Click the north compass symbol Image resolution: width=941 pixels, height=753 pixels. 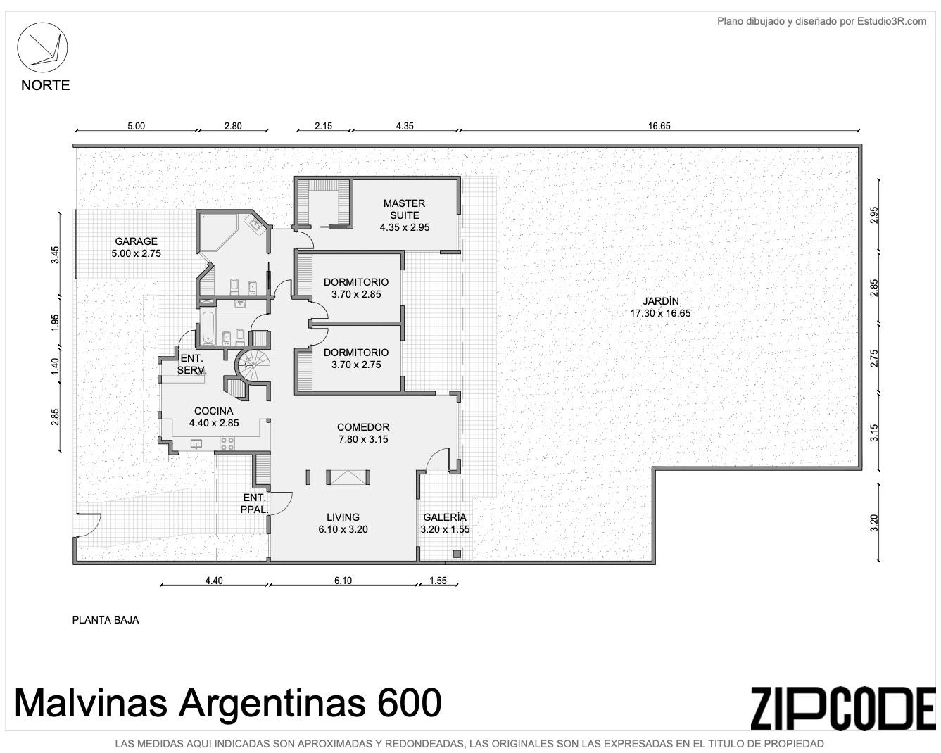(x=42, y=48)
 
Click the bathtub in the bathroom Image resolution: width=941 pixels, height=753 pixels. (x=207, y=327)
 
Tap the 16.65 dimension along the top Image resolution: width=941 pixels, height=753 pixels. (x=659, y=126)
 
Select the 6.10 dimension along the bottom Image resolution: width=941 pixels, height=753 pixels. (x=343, y=581)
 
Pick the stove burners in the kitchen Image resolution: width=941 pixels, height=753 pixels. (x=227, y=443)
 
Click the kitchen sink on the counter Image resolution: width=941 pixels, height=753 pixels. (x=196, y=444)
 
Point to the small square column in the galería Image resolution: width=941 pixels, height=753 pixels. (x=457, y=554)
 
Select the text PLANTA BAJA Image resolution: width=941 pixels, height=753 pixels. (x=106, y=620)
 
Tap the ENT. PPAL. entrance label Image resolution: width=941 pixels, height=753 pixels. (x=255, y=503)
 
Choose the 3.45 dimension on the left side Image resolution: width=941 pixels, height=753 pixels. (x=55, y=255)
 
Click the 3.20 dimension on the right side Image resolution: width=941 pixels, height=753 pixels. (x=873, y=523)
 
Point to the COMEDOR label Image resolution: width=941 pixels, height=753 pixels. (x=363, y=433)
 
